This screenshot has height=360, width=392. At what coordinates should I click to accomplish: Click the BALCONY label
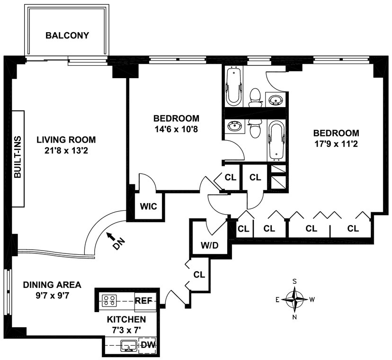(x=67, y=36)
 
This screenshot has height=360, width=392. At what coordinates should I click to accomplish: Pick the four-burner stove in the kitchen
(x=110, y=300)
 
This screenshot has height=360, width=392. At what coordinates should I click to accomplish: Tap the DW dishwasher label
(x=149, y=345)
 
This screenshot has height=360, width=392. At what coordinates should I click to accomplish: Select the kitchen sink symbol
(x=127, y=346)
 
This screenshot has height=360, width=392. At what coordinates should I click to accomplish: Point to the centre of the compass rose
(x=294, y=299)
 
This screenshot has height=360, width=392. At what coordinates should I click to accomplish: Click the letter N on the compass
(x=294, y=318)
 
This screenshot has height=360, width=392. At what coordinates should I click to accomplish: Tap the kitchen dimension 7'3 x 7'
(x=126, y=330)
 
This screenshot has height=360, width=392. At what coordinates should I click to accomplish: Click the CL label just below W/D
(x=199, y=274)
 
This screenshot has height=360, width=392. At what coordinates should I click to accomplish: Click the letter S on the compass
(x=294, y=281)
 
